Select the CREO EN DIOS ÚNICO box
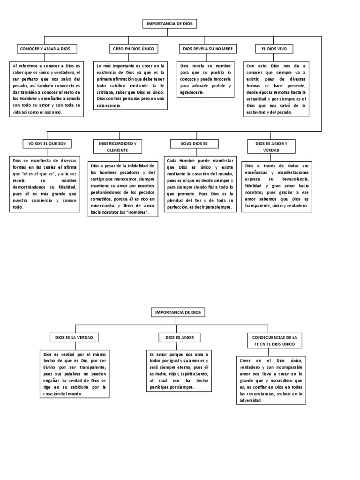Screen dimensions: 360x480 click(133, 49)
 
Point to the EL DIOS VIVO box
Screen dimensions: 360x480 click(273, 49)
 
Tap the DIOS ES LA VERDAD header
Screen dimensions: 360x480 click(75, 337)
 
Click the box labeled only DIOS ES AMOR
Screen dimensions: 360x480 click(180, 337)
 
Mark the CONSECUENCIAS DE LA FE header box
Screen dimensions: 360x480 click(275, 341)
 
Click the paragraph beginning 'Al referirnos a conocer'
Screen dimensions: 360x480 click(46, 89)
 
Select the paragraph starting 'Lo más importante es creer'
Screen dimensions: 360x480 click(131, 86)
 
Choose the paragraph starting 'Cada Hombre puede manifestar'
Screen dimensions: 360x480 click(200, 184)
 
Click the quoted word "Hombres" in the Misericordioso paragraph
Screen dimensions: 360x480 click(137, 213)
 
